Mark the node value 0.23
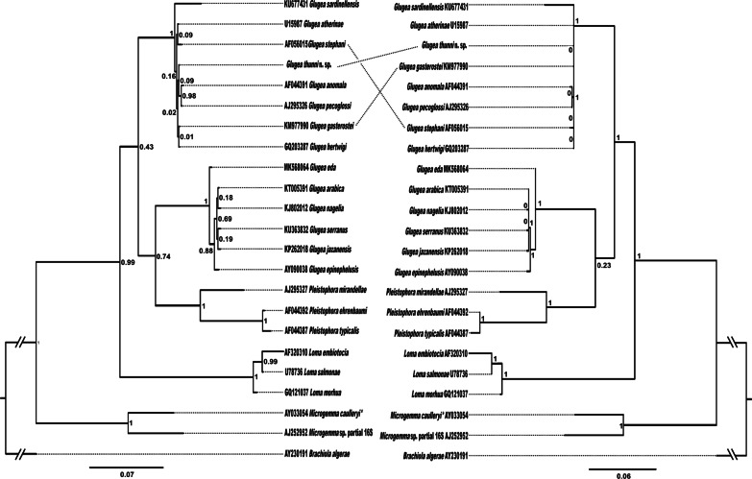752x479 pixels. click(604, 262)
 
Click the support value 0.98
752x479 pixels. click(189, 95)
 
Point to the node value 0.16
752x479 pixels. click(168, 74)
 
